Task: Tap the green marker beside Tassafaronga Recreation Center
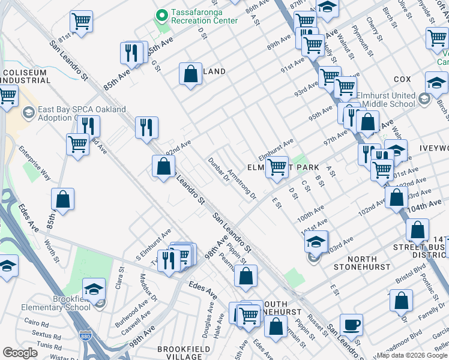(161, 15)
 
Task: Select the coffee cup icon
(351, 325)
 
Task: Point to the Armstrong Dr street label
(242, 184)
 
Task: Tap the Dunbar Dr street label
(219, 172)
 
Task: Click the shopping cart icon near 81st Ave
(81, 22)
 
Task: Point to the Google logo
(20, 353)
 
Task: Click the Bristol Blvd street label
(411, 279)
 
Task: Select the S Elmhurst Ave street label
(152, 243)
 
